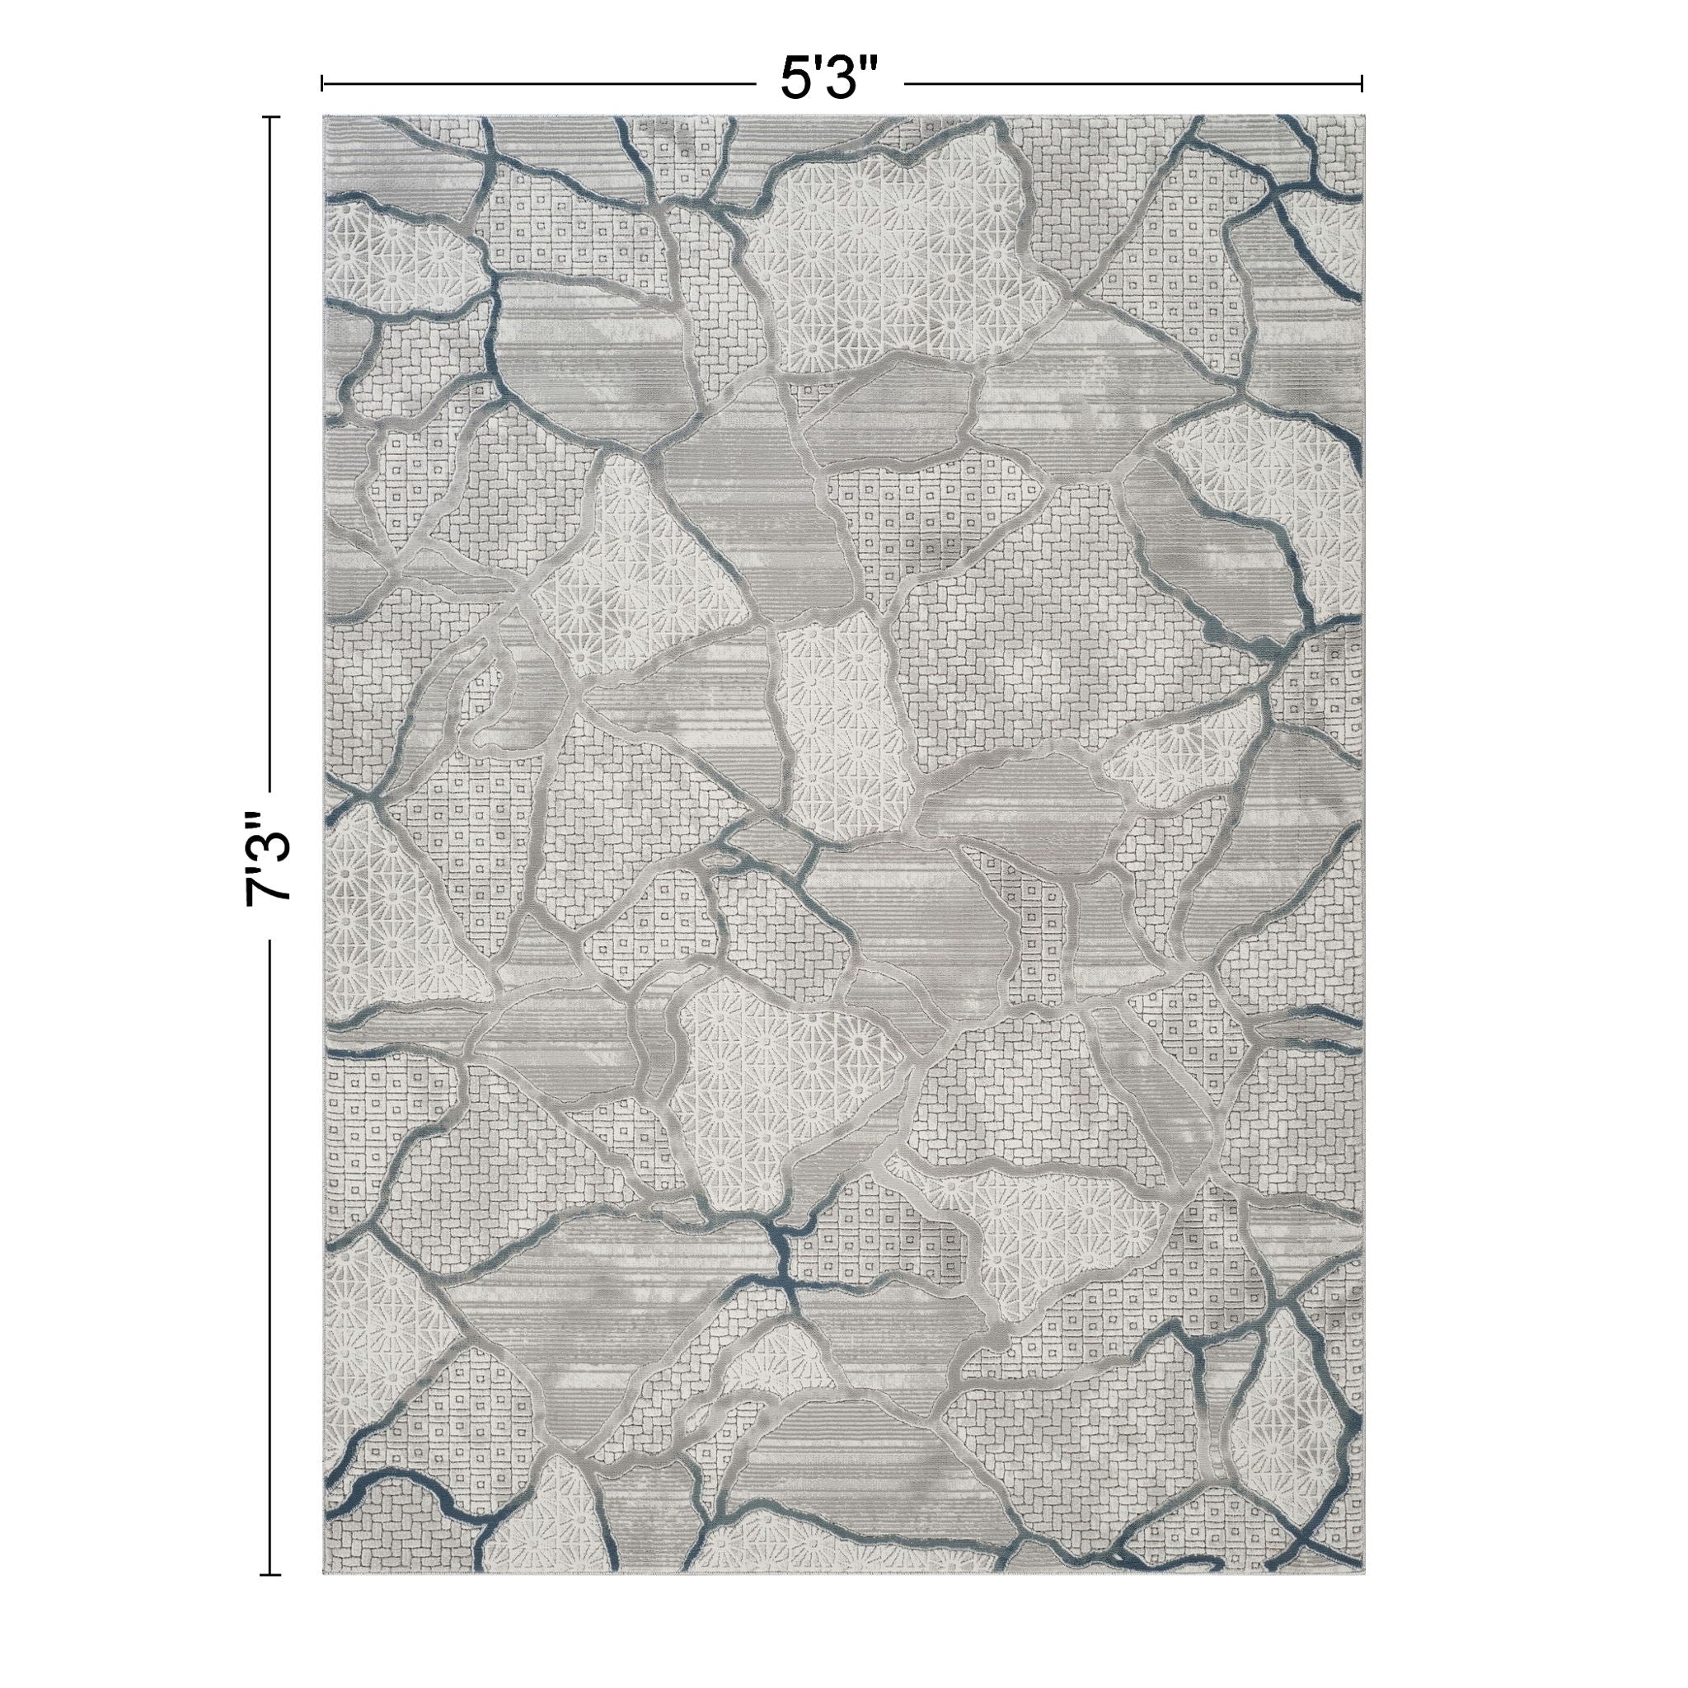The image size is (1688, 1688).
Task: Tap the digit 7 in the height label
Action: click(x=268, y=887)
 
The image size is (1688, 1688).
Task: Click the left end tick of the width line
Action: click(x=323, y=83)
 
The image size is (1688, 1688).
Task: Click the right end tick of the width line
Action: click(x=1362, y=83)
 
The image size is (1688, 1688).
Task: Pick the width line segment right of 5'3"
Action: click(x=1132, y=83)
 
